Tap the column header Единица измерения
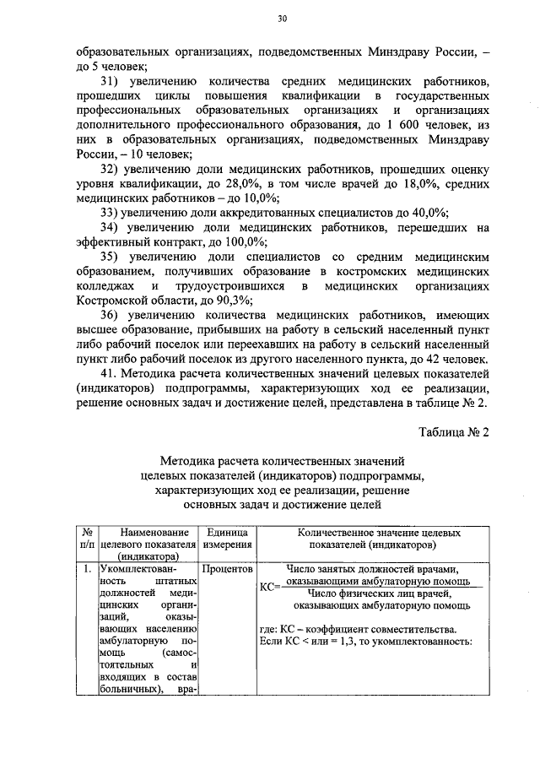(225, 539)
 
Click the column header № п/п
(87, 539)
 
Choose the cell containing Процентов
(225, 569)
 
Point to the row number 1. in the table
(87, 569)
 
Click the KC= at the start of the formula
(269, 585)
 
